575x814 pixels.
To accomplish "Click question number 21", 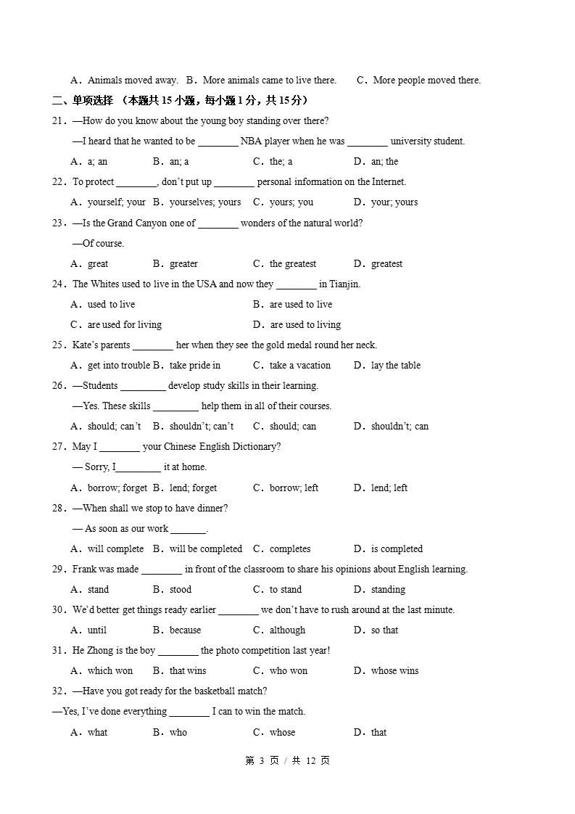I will click(59, 121).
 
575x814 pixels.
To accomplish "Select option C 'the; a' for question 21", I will click(280, 162).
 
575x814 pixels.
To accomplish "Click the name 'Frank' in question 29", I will click(84, 570).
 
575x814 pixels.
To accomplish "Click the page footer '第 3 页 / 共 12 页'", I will click(288, 761).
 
